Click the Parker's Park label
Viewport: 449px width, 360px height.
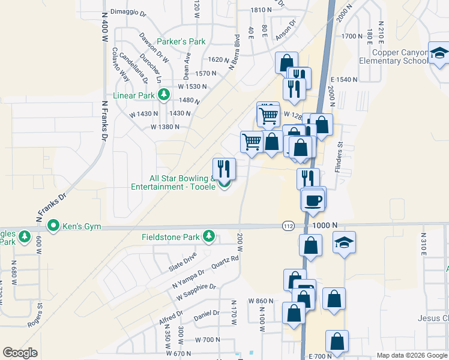[x=181, y=42]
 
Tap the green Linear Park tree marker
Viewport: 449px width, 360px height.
[x=163, y=95]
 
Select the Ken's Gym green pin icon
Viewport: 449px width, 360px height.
[x=53, y=227]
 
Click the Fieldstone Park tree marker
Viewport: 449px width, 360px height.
[x=209, y=236]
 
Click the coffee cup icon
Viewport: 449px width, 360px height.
[x=313, y=200]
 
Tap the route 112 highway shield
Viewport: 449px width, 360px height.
[x=288, y=225]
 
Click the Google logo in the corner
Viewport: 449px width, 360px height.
[x=20, y=353]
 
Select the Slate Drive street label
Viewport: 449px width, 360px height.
[x=182, y=259]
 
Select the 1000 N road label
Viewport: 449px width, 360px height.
[x=325, y=225]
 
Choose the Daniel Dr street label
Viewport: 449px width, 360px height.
[x=206, y=313]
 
